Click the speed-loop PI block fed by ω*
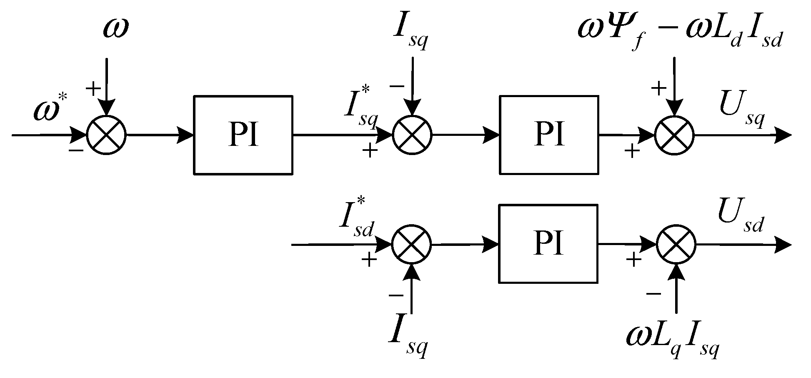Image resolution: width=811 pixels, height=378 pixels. coord(243,135)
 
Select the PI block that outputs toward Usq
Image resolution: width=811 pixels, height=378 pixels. coord(549,135)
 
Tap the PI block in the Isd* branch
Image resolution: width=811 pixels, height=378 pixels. coord(549,244)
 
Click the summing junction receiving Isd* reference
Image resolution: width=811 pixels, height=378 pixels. coord(411,245)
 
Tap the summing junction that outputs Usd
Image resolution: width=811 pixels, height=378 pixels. coord(676,245)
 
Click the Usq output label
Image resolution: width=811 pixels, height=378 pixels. coord(741,112)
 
